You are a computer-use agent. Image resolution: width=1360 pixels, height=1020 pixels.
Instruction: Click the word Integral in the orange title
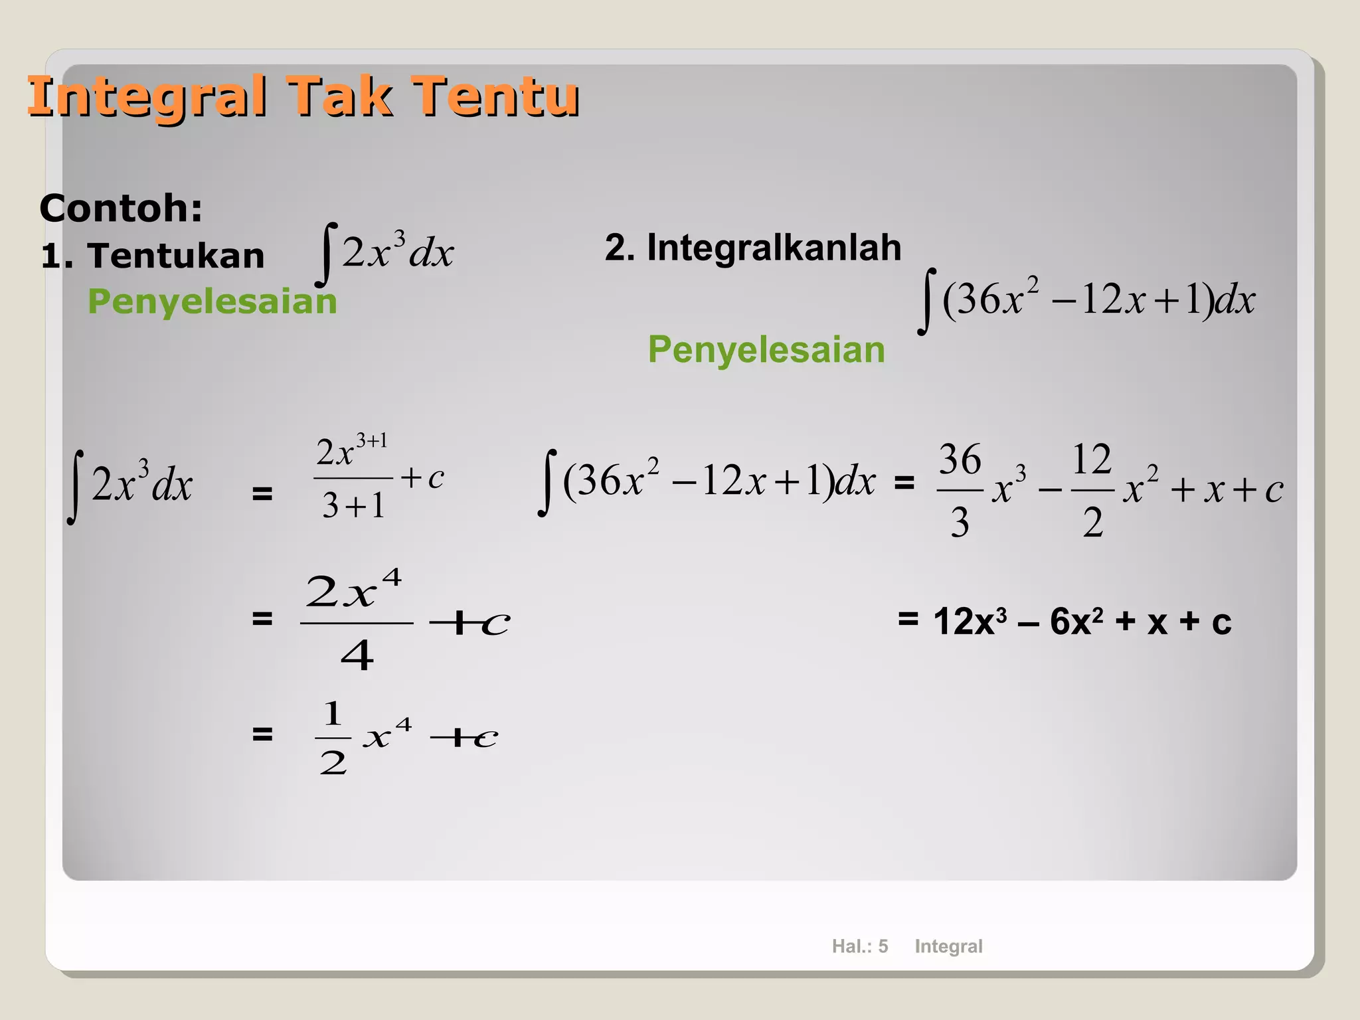pyautogui.click(x=147, y=97)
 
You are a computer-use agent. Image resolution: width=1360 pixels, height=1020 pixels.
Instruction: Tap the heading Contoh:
pyautogui.click(x=121, y=208)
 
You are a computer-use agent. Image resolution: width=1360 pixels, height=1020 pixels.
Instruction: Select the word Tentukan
pyautogui.click(x=175, y=256)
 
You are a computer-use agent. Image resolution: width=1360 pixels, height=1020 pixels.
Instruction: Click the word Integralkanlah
pyautogui.click(x=774, y=248)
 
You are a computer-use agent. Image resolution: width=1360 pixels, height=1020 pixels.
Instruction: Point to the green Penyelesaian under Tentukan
pyautogui.click(x=212, y=301)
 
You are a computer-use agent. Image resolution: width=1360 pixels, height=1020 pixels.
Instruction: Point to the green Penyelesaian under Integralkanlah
pyautogui.click(x=766, y=350)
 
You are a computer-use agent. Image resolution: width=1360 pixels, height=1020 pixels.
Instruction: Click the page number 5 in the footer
pyautogui.click(x=883, y=946)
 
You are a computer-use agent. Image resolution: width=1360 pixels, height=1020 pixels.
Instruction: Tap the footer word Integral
pyautogui.click(x=948, y=946)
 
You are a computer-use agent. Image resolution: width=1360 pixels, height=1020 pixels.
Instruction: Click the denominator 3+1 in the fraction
pyautogui.click(x=353, y=506)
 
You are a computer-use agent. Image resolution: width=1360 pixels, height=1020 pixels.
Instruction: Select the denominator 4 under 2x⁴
pyautogui.click(x=357, y=656)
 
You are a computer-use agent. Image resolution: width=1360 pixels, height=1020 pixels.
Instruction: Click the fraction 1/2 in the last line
pyautogui.click(x=333, y=737)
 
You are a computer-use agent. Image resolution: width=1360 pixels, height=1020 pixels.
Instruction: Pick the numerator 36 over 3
pyautogui.click(x=960, y=460)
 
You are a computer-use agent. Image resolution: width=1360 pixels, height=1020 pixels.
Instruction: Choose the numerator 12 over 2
pyautogui.click(x=1091, y=460)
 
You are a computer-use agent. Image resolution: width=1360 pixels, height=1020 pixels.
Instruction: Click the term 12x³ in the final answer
pyautogui.click(x=970, y=622)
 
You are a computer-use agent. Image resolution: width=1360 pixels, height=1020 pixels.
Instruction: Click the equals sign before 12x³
pyautogui.click(x=908, y=620)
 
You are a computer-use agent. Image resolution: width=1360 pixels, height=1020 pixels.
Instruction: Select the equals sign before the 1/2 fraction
pyautogui.click(x=262, y=734)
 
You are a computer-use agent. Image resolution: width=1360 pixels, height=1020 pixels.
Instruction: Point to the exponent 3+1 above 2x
pyautogui.click(x=371, y=441)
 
